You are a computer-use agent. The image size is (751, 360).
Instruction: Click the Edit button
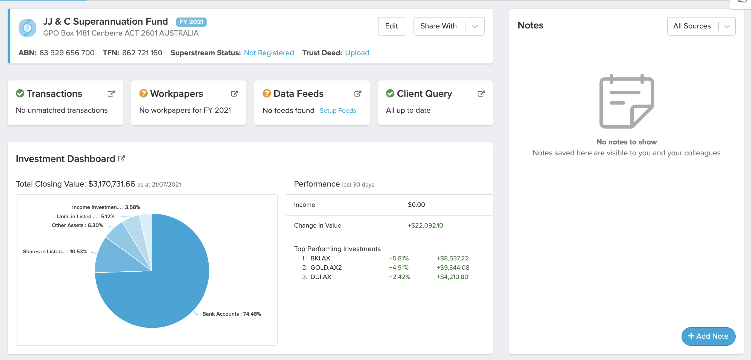(391, 26)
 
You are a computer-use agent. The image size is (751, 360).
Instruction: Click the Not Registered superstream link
(269, 53)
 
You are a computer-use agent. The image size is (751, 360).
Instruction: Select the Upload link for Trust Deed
(357, 53)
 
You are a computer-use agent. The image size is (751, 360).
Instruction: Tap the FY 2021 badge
(191, 22)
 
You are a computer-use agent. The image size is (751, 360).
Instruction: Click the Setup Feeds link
(337, 111)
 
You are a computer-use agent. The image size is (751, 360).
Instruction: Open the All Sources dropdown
(701, 26)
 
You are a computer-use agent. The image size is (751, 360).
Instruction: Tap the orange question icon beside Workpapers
(143, 94)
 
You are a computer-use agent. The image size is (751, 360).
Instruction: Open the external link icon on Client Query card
(481, 94)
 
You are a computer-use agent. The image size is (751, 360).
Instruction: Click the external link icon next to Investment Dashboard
(122, 159)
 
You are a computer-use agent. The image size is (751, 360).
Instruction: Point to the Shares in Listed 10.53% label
(55, 251)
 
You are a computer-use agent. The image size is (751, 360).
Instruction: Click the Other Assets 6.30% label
(77, 225)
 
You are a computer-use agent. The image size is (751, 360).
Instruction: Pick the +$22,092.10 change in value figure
(425, 225)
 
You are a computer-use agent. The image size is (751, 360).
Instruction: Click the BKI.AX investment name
(320, 258)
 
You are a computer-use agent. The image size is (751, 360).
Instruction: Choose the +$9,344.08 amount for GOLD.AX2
(453, 268)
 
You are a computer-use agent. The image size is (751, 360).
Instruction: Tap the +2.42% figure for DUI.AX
(399, 277)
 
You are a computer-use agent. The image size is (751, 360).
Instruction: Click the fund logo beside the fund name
(27, 28)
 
